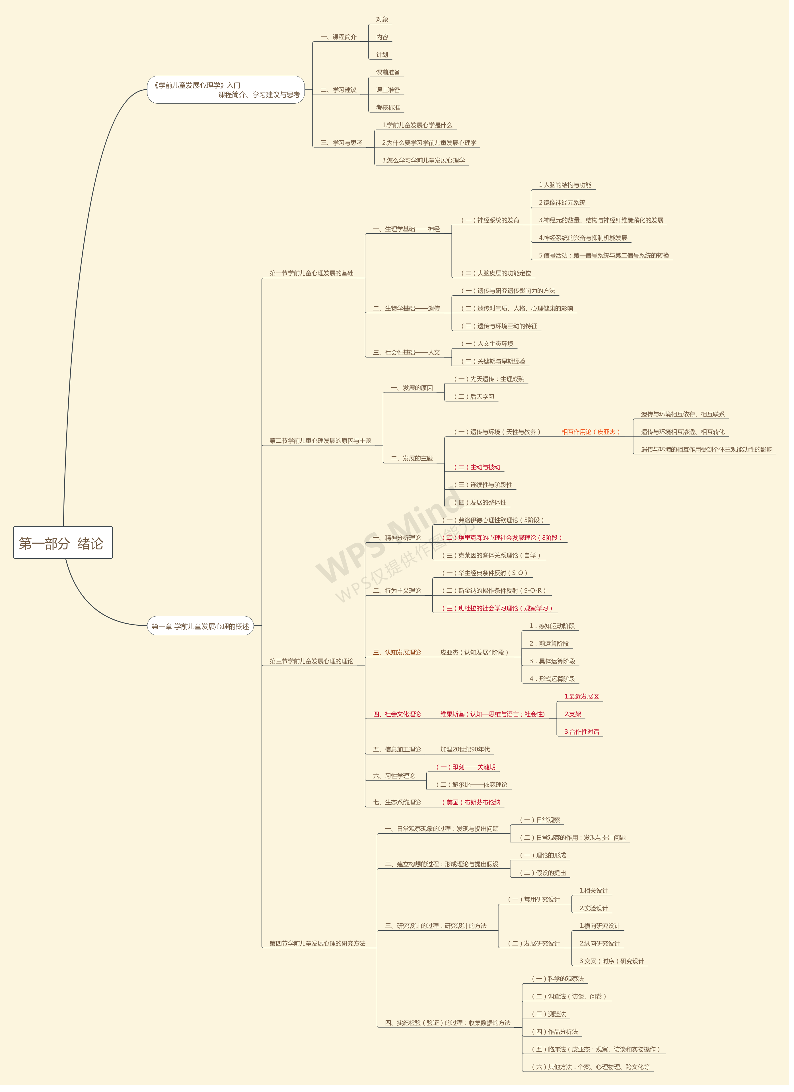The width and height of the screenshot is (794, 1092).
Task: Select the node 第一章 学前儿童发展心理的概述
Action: click(200, 626)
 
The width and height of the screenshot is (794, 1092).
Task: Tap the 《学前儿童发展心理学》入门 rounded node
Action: click(226, 90)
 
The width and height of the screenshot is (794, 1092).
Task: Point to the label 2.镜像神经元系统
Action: click(562, 202)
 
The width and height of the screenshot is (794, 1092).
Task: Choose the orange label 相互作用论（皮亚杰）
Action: click(590, 432)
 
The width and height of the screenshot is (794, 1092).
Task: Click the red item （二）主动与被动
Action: click(477, 467)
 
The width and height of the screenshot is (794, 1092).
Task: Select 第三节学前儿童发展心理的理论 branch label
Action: click(311, 661)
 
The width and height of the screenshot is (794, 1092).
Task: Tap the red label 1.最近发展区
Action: click(582, 696)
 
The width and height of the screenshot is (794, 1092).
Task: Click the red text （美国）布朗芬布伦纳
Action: click(471, 802)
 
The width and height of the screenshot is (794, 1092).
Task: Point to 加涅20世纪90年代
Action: click(465, 749)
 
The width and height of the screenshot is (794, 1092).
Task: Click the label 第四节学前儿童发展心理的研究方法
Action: click(317, 943)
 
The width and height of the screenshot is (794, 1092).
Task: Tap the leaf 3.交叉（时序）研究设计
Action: click(612, 961)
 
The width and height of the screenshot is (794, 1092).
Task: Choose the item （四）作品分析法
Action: click(555, 1031)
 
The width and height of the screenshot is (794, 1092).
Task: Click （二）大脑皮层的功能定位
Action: click(496, 273)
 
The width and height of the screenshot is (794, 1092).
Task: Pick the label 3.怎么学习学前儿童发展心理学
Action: click(423, 160)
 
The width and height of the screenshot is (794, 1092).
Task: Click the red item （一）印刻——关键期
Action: click(466, 767)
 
